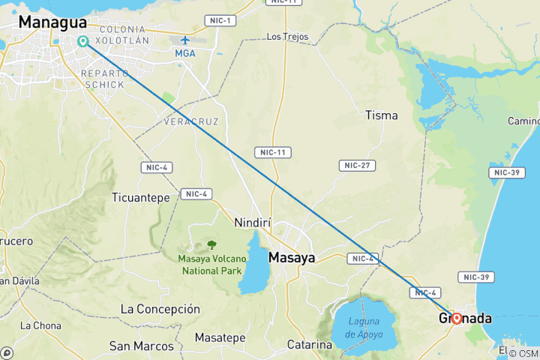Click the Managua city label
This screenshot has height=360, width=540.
(52, 22)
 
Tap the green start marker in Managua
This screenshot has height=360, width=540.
(82, 41)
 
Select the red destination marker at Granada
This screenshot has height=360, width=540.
(456, 318)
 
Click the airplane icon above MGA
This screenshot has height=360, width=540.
(184, 40)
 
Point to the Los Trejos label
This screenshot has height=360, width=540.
(287, 36)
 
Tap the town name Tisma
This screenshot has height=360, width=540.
(381, 115)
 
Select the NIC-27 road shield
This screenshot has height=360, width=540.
(357, 165)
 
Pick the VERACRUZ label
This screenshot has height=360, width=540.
(191, 120)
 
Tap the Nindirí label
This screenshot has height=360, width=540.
(252, 223)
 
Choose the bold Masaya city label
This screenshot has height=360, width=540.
(292, 257)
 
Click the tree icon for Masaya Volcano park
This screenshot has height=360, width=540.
(211, 244)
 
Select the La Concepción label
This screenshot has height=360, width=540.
(160, 309)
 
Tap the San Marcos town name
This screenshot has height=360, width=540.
(136, 346)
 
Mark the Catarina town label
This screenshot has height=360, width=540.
(310, 345)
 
